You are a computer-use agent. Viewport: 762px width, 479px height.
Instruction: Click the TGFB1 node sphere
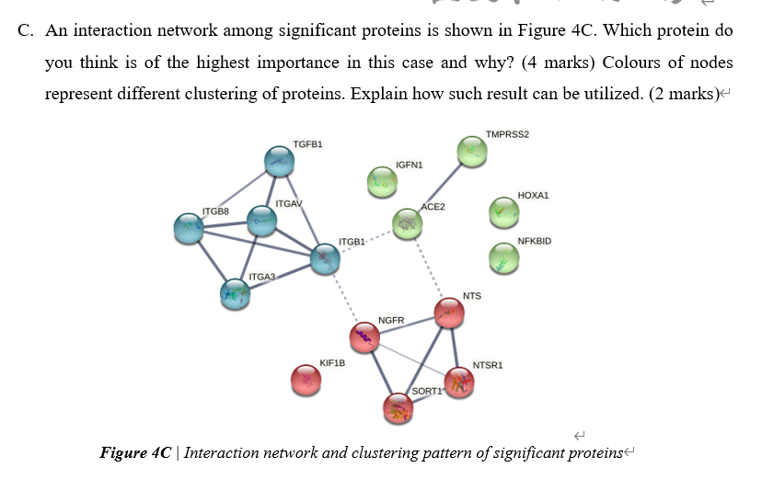(x=278, y=162)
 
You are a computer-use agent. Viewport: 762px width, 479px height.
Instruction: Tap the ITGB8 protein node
(x=190, y=228)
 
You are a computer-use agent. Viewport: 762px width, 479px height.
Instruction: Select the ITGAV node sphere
(x=262, y=220)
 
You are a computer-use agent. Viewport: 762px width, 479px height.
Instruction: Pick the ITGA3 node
(x=236, y=294)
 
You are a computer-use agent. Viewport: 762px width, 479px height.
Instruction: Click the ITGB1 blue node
(x=324, y=259)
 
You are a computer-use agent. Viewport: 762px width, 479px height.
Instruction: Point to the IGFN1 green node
(x=382, y=182)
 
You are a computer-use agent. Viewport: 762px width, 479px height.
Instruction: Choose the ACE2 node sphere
(x=407, y=223)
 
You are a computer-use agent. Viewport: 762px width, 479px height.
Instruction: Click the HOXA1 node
(x=503, y=212)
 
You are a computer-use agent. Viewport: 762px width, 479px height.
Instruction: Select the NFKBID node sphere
(x=503, y=257)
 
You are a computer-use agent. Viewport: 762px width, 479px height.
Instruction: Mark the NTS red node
(x=449, y=314)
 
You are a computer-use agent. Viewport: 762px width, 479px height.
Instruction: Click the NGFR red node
(x=365, y=337)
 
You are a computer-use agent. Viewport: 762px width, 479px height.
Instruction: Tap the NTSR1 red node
(x=458, y=382)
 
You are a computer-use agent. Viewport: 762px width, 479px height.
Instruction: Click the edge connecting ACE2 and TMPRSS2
(x=440, y=188)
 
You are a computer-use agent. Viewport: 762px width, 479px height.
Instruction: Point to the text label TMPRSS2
(x=507, y=134)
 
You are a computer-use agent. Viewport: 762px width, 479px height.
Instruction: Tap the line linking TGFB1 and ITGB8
(x=235, y=195)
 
